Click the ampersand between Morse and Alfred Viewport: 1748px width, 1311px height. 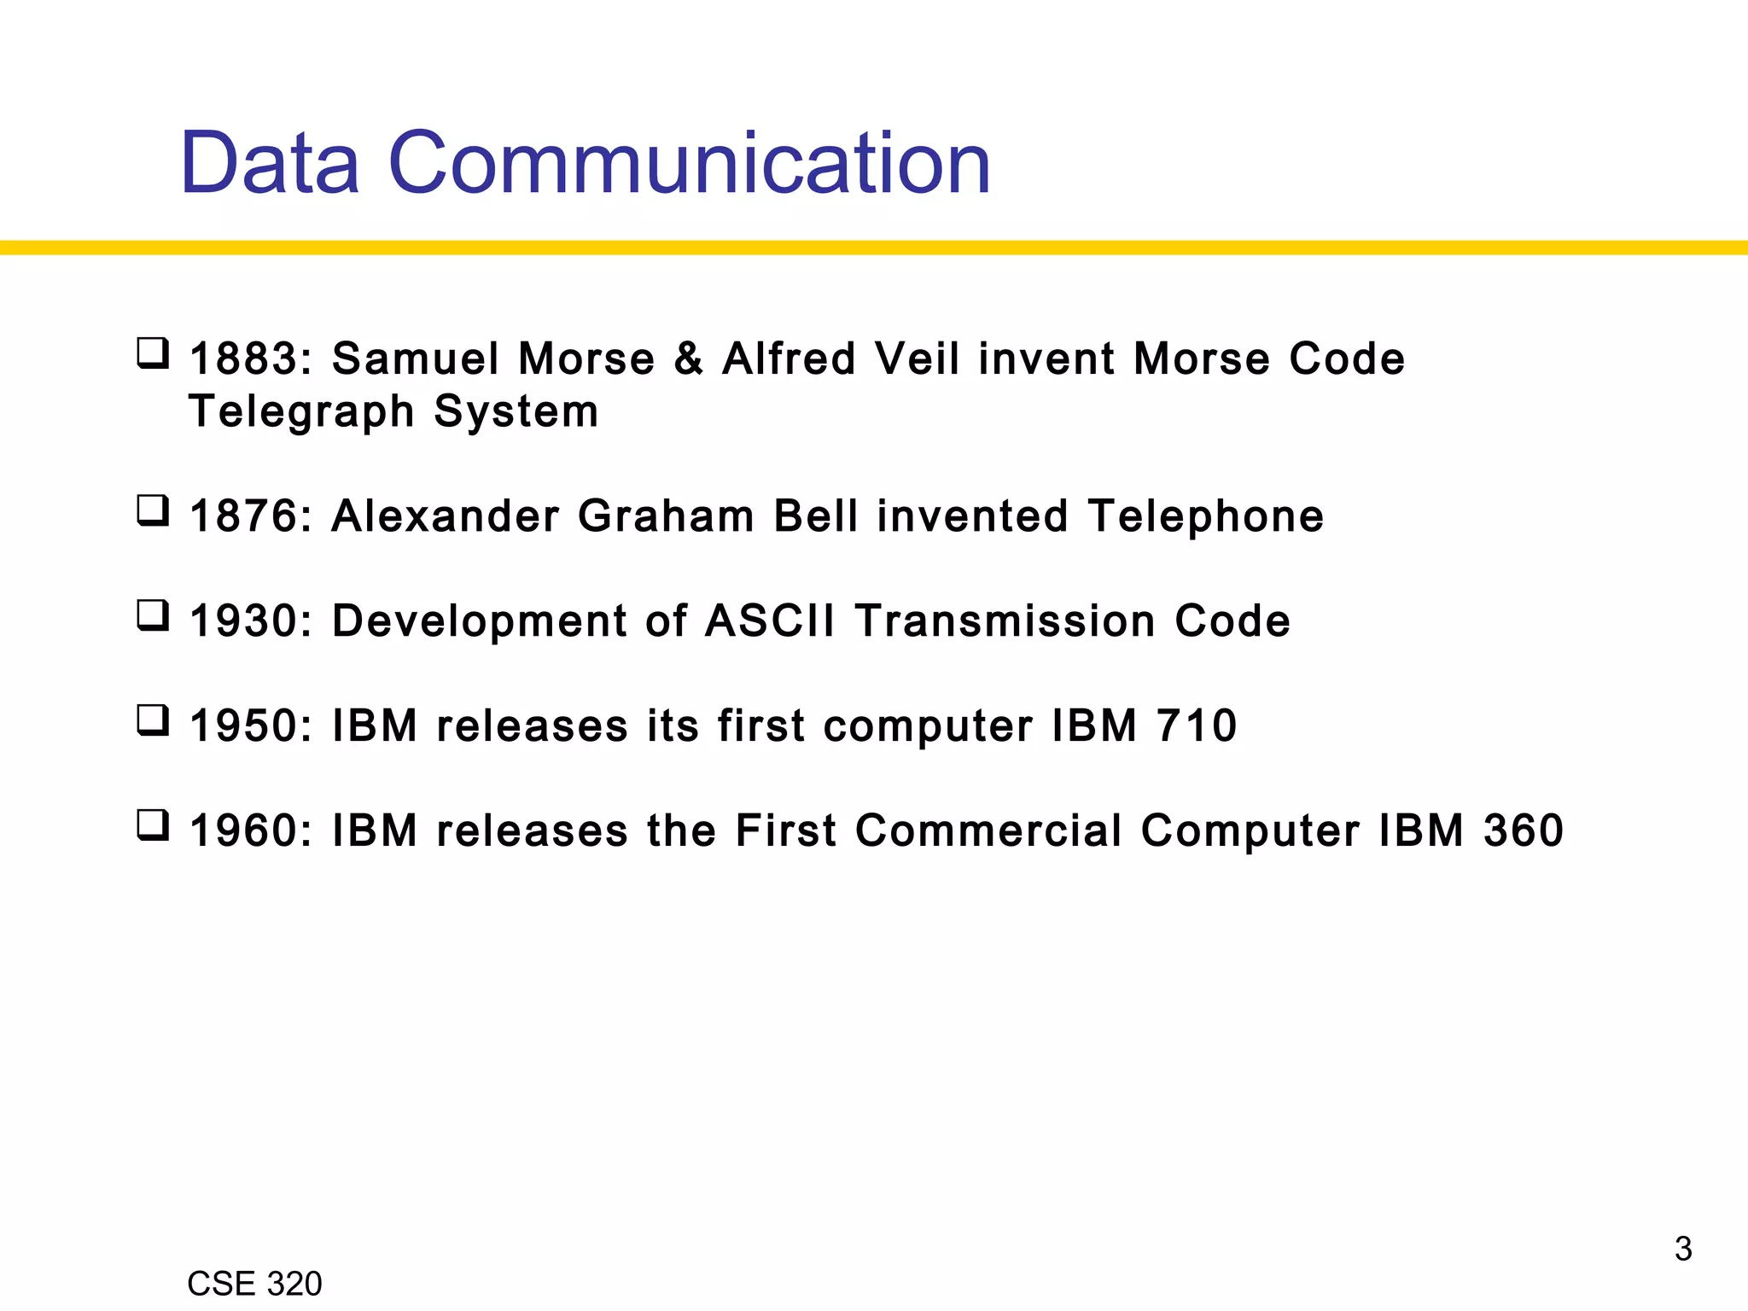tap(688, 358)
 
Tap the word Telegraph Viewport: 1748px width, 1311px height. tap(301, 411)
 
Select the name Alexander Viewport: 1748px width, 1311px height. tap(445, 516)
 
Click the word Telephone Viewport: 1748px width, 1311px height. tap(1205, 516)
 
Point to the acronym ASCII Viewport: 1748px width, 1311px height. tap(770, 621)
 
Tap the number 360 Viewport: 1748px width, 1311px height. tap(1524, 830)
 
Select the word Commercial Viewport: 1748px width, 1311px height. tap(988, 830)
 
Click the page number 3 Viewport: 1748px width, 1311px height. tap(1682, 1249)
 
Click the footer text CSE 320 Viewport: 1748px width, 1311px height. tap(254, 1284)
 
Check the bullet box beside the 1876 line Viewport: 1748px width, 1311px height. tap(153, 511)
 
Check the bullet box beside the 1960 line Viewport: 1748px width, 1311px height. tap(153, 825)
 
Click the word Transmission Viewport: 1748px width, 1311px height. tap(1005, 621)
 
